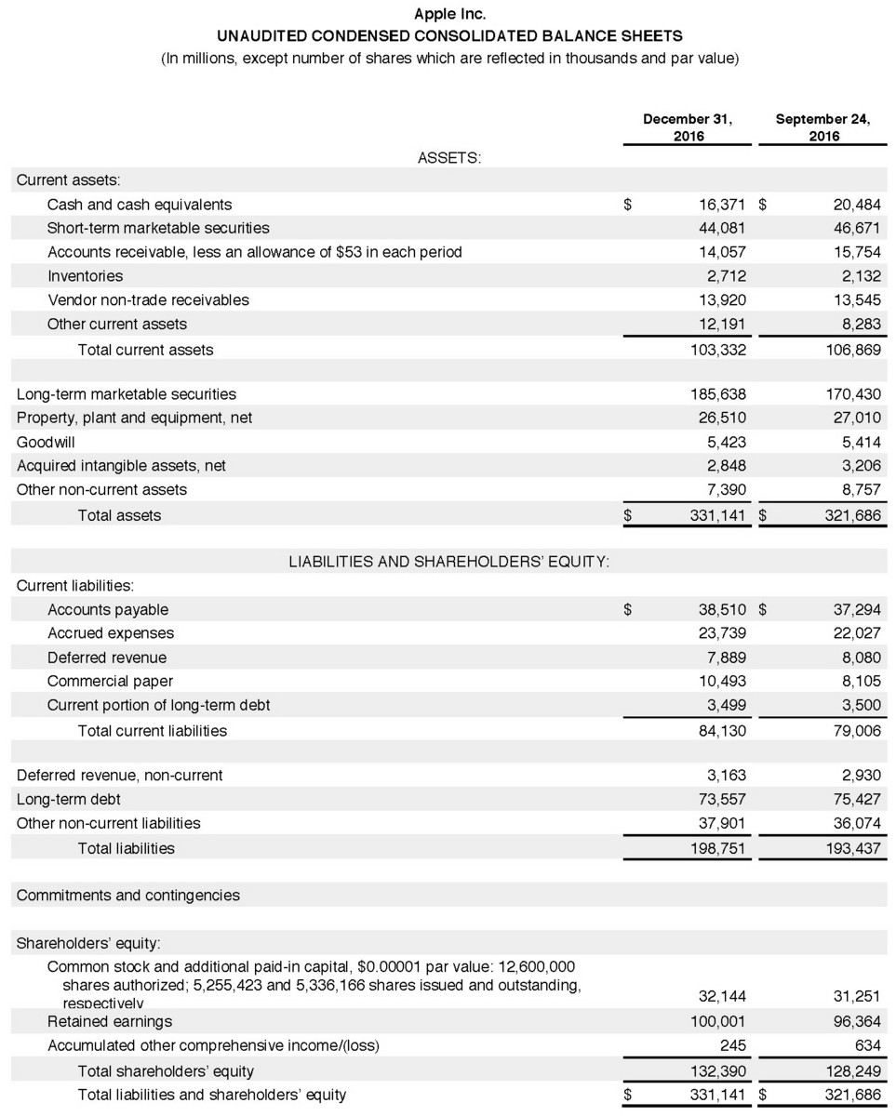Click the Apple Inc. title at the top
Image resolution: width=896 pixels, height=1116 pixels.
pyautogui.click(x=447, y=15)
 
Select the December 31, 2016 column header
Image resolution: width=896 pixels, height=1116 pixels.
pyautogui.click(x=688, y=127)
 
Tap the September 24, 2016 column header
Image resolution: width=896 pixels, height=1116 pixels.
pyautogui.click(x=822, y=127)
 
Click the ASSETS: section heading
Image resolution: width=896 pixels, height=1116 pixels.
pyautogui.click(x=449, y=158)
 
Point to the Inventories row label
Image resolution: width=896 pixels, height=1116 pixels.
pyautogui.click(x=85, y=276)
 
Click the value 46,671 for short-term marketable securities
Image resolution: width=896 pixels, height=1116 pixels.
pyautogui.click(x=855, y=228)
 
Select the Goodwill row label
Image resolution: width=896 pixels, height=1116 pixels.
pyautogui.click(x=46, y=442)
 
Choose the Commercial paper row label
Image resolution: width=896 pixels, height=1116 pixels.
pyautogui.click(x=110, y=681)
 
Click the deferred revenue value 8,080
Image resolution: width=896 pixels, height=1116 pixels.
pyautogui.click(x=859, y=658)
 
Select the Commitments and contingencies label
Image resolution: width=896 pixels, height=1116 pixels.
pyautogui.click(x=127, y=896)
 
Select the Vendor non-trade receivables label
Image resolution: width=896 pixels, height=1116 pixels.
pyautogui.click(x=148, y=299)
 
